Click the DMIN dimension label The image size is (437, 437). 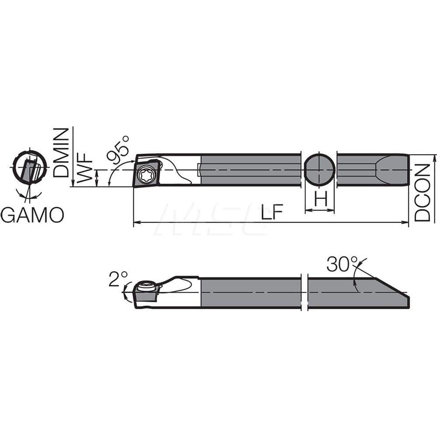(x=61, y=152)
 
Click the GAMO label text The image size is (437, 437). (x=32, y=215)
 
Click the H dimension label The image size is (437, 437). (x=320, y=200)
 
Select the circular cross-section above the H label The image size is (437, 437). (x=319, y=169)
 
